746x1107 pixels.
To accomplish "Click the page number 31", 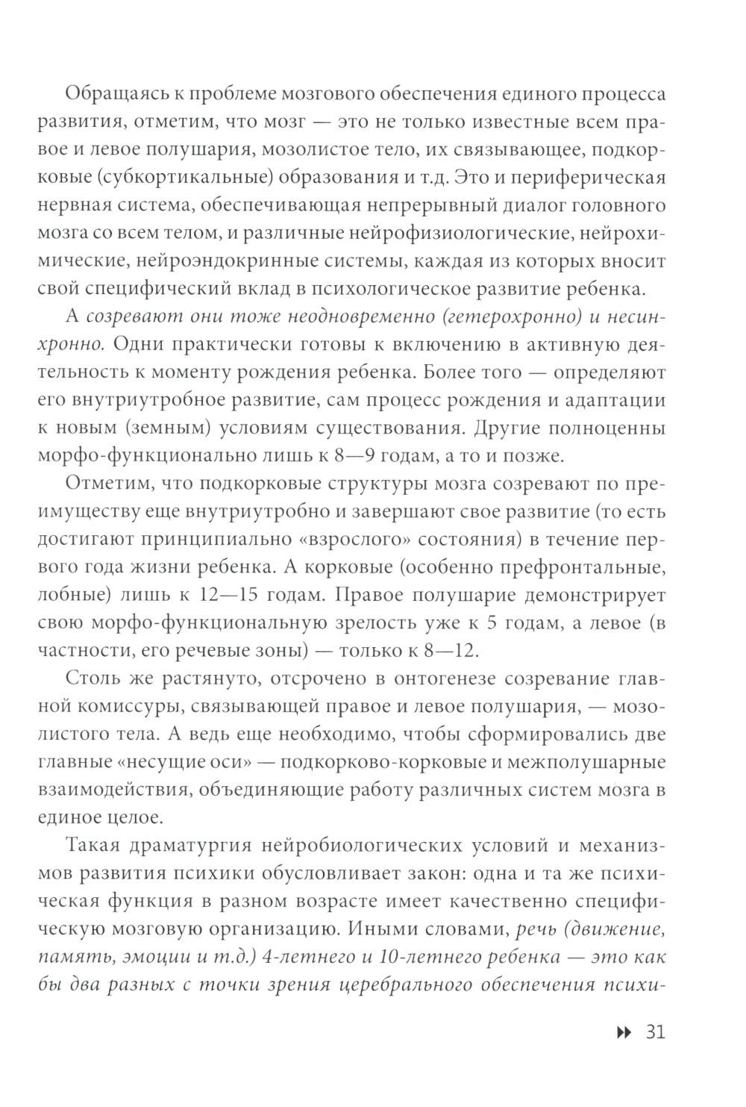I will tap(653, 1032).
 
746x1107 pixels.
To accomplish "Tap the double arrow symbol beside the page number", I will tap(622, 1033).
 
